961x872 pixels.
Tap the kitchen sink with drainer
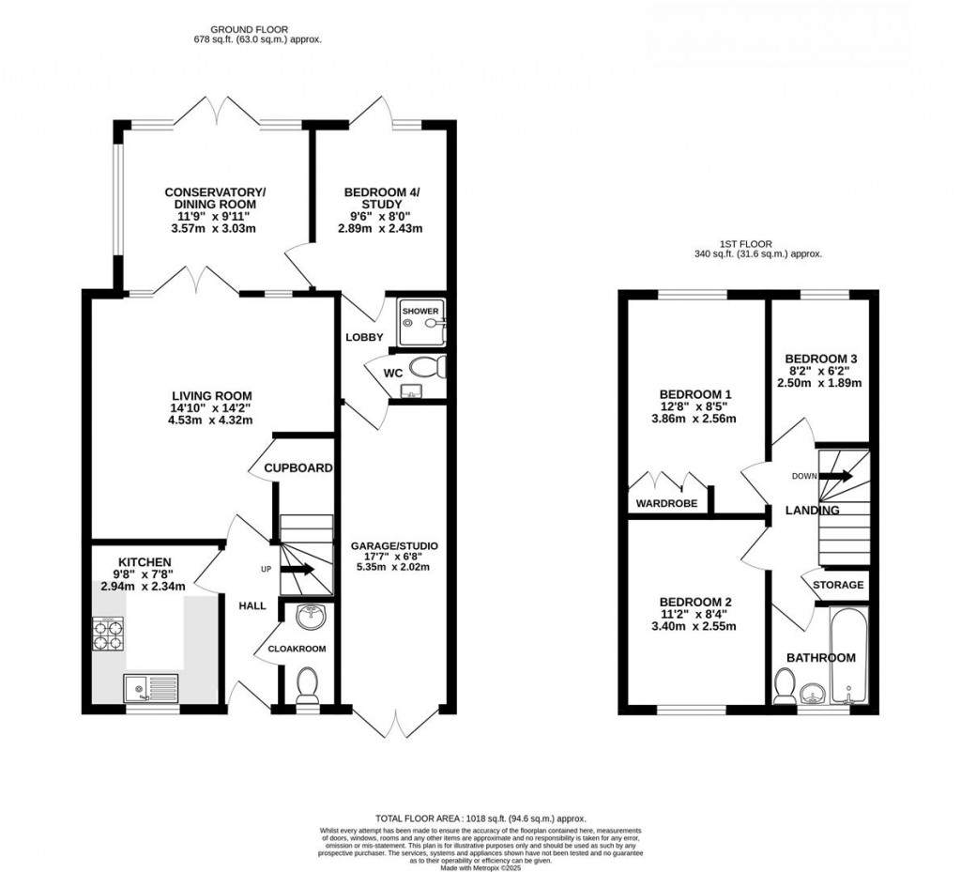(x=150, y=688)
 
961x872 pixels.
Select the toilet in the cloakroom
(x=307, y=685)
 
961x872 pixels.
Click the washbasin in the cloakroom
(x=308, y=618)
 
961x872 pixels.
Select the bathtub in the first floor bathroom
(x=850, y=655)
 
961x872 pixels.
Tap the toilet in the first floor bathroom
(x=784, y=687)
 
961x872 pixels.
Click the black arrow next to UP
(x=300, y=569)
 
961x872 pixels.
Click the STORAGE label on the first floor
(x=838, y=585)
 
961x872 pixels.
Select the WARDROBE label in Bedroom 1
(x=667, y=503)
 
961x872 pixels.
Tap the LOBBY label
(x=361, y=337)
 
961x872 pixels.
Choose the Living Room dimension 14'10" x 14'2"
(x=205, y=408)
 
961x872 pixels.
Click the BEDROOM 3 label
(x=821, y=359)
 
